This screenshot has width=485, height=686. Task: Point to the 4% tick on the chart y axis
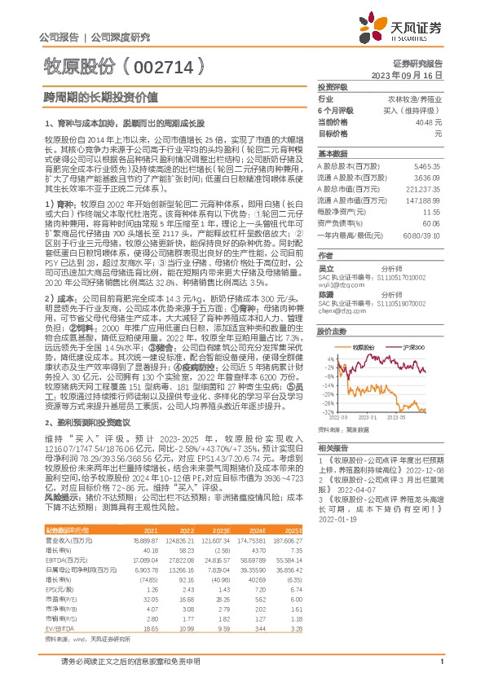329,335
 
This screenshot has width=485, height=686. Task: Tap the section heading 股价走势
330,309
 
